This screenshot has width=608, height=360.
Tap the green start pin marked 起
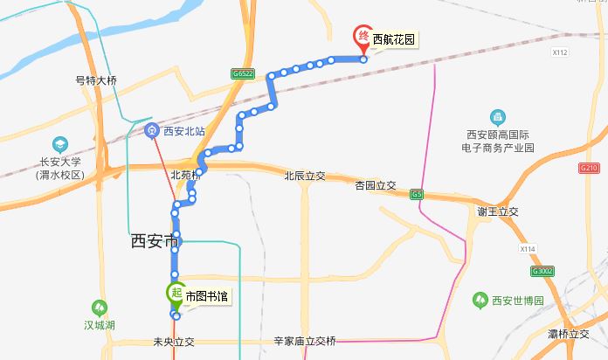point(175,294)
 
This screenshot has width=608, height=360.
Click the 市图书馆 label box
point(206,297)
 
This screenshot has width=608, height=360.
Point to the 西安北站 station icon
point(151,131)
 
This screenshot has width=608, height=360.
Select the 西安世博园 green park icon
point(480,301)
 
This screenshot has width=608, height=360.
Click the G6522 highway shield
point(243,75)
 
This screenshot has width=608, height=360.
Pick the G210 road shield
point(589,167)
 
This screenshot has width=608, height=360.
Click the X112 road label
point(561,52)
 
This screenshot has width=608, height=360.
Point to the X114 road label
point(527,250)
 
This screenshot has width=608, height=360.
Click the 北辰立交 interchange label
point(304,176)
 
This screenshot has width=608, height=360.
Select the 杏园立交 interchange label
point(376,185)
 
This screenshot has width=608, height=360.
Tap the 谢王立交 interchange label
point(498,211)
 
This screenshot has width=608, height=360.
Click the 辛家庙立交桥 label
point(304,341)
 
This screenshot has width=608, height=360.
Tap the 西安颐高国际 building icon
point(497,117)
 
